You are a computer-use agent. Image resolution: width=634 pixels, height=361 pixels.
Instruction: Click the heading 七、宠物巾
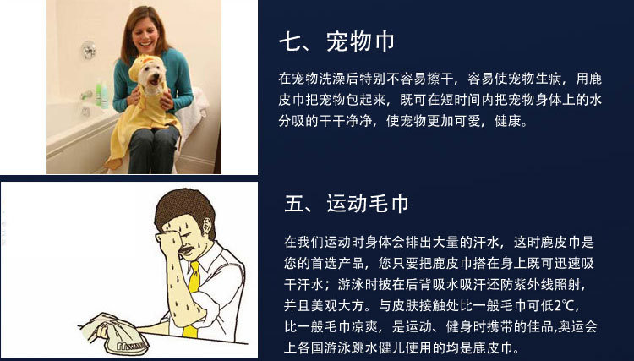(x=336, y=42)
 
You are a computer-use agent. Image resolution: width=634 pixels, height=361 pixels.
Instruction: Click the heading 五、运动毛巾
(x=346, y=204)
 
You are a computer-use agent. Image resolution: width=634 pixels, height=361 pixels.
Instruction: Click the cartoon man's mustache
(x=186, y=249)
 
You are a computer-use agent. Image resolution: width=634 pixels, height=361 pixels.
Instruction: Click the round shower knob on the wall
(x=89, y=50)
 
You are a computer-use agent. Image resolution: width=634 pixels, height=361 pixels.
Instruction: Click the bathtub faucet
(x=86, y=96)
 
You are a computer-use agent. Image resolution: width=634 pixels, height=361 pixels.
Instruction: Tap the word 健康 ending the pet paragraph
(x=508, y=121)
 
